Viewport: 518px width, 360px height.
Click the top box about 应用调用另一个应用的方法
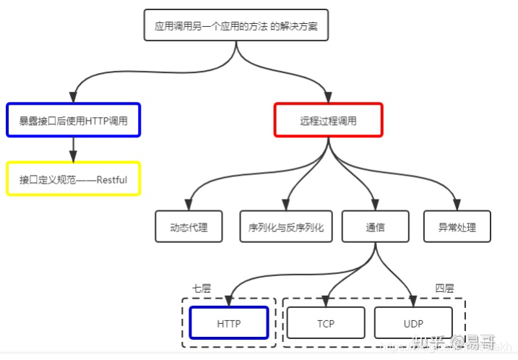coord(236,26)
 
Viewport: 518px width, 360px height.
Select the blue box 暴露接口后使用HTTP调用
coord(73,120)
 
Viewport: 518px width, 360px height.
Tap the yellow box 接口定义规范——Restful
coord(73,179)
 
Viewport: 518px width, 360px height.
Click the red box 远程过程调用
coord(329,120)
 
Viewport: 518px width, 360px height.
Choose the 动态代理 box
coord(189,226)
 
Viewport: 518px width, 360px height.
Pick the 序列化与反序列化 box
coord(286,226)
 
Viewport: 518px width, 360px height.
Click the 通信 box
coord(375,226)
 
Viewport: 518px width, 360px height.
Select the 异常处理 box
coord(457,226)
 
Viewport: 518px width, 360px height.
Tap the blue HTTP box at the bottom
coord(228,322)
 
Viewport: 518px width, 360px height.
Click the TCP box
coord(325,322)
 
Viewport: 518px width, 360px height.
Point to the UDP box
coord(413,322)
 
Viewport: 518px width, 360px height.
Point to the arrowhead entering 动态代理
coord(189,206)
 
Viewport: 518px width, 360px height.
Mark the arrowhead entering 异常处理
coord(457,206)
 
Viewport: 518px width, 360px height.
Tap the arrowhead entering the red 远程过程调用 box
coord(329,99)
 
